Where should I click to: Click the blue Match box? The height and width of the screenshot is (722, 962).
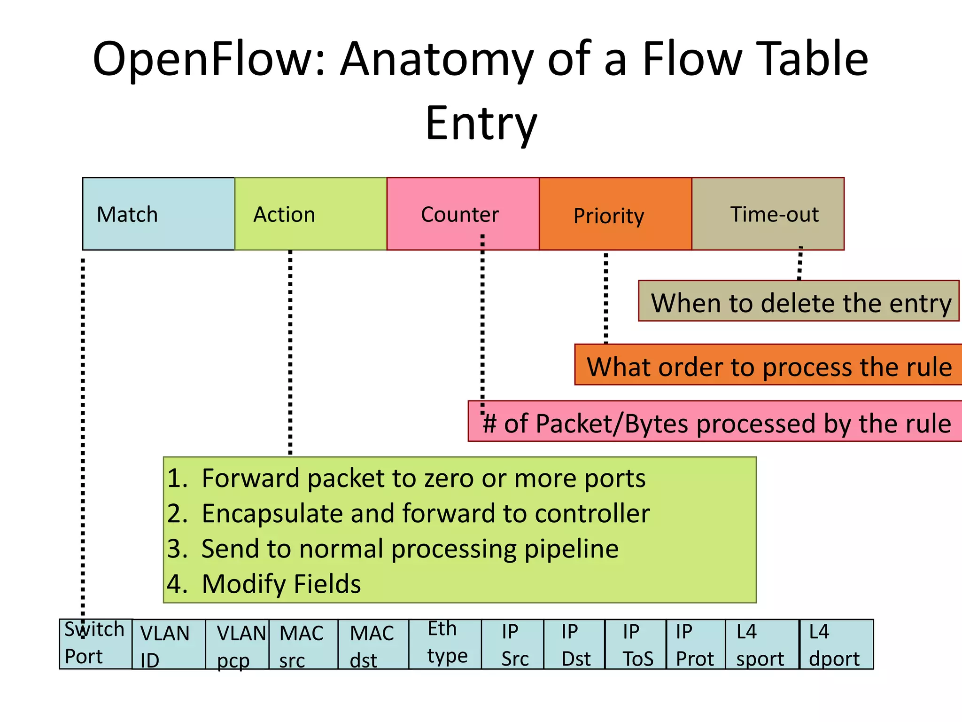pyautogui.click(x=158, y=214)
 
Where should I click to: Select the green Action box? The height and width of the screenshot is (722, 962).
pyautogui.click(x=310, y=214)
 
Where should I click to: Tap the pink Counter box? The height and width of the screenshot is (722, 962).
pyautogui.click(x=463, y=214)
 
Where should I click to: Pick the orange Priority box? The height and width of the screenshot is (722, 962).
pyautogui.click(x=615, y=214)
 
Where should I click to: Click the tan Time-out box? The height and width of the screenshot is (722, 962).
pyautogui.click(x=768, y=214)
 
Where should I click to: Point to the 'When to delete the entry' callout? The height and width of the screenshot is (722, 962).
pyautogui.click(x=799, y=301)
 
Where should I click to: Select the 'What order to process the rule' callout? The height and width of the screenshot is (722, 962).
pyautogui.click(x=768, y=365)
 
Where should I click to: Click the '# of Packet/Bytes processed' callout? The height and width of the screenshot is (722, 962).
pyautogui.click(x=715, y=422)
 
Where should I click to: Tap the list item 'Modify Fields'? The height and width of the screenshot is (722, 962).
pyautogui.click(x=281, y=584)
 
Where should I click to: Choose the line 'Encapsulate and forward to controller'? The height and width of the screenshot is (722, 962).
pyautogui.click(x=425, y=513)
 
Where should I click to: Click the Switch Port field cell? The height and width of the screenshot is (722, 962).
pyautogui.click(x=95, y=644)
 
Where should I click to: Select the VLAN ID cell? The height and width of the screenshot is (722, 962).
pyautogui.click(x=168, y=644)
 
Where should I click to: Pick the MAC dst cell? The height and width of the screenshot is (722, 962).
pyautogui.click(x=373, y=644)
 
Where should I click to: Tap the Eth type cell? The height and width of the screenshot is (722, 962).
pyautogui.click(x=445, y=644)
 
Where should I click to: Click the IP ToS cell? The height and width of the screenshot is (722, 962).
pyautogui.click(x=636, y=644)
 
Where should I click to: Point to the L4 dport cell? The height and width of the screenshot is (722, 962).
pyautogui.click(x=836, y=644)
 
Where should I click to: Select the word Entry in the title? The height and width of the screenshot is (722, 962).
pyautogui.click(x=481, y=123)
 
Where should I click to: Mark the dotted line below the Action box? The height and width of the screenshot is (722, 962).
pyautogui.click(x=290, y=353)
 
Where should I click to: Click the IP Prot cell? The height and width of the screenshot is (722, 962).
pyautogui.click(x=695, y=644)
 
